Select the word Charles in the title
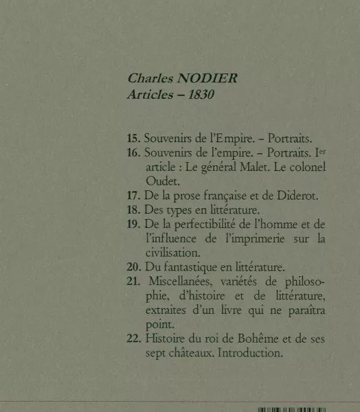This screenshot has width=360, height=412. click(x=149, y=78)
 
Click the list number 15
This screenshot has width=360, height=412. click(x=134, y=138)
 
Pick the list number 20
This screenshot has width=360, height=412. click(x=134, y=267)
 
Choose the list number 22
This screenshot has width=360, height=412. click(x=134, y=339)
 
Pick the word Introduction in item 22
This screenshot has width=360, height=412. click(x=249, y=354)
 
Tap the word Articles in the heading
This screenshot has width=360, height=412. click(x=149, y=95)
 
